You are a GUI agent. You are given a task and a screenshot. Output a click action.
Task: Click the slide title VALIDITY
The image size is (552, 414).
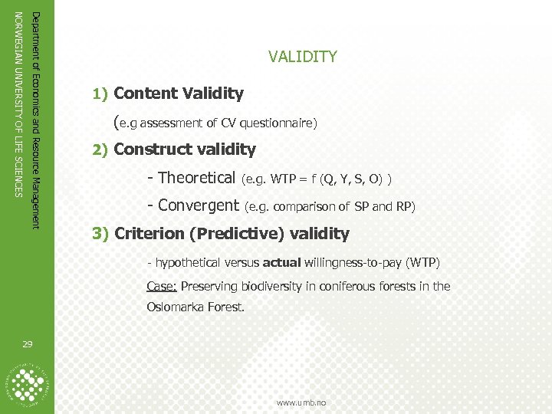[x=302, y=58]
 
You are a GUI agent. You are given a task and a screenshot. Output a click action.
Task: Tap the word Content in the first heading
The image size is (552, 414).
[x=146, y=94]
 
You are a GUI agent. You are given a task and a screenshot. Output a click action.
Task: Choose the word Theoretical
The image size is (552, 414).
[x=196, y=178]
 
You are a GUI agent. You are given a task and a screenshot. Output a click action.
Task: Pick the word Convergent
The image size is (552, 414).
[x=199, y=205]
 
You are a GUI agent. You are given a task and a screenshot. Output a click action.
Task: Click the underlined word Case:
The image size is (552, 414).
[x=162, y=287]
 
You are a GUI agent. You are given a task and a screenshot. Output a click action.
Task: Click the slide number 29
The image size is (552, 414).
[x=28, y=346]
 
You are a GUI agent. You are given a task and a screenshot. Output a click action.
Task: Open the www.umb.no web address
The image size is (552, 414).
[x=301, y=402]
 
